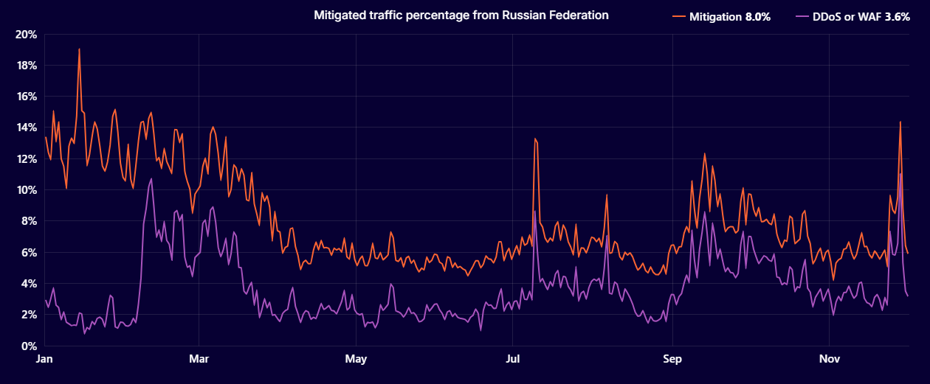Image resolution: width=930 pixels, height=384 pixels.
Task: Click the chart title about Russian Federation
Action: (461, 15)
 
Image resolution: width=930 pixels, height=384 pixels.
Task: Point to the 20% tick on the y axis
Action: (27, 34)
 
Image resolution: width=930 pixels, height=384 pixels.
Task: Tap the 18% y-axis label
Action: (27, 66)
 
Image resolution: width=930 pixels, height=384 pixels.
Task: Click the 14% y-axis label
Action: (27, 128)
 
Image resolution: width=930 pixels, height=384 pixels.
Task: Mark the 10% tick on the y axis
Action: (27, 190)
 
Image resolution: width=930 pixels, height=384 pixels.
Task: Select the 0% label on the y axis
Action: (30, 346)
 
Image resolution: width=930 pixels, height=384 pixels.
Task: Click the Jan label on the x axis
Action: (45, 360)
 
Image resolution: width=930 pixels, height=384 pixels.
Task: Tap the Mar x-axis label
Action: (199, 360)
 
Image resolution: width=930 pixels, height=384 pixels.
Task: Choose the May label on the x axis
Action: (356, 360)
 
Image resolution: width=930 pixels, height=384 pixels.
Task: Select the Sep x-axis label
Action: (672, 360)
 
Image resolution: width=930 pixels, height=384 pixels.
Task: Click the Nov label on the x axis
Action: (830, 360)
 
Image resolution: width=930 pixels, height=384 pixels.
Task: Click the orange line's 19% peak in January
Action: (79, 49)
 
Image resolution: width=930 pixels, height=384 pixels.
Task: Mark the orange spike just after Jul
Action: (534, 139)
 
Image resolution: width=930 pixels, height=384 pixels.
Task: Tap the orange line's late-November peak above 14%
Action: (900, 122)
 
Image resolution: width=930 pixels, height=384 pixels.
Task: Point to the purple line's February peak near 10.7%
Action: (151, 178)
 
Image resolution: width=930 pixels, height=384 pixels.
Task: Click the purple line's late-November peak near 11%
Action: (901, 174)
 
